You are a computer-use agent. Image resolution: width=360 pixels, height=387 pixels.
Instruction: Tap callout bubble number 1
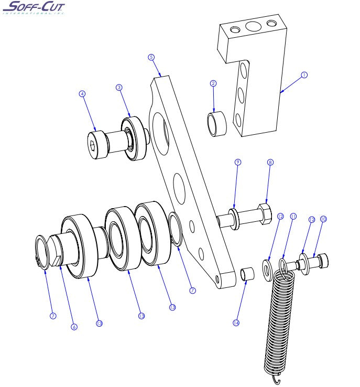[304, 74]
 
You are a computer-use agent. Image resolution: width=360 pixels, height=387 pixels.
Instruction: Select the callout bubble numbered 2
[213, 83]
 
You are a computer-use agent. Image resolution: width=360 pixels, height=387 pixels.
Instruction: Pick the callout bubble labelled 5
[151, 57]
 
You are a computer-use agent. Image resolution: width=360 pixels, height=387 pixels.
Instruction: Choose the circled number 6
[74, 327]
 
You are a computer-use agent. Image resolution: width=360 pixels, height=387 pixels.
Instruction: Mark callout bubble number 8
[270, 163]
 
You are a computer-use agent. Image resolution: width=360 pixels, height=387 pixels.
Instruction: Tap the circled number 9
[237, 163]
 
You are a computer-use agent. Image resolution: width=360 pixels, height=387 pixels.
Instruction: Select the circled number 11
[293, 216]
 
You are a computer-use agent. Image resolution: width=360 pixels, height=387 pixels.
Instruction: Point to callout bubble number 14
[236, 323]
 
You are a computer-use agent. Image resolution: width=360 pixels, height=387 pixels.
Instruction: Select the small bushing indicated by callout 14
[247, 275]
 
